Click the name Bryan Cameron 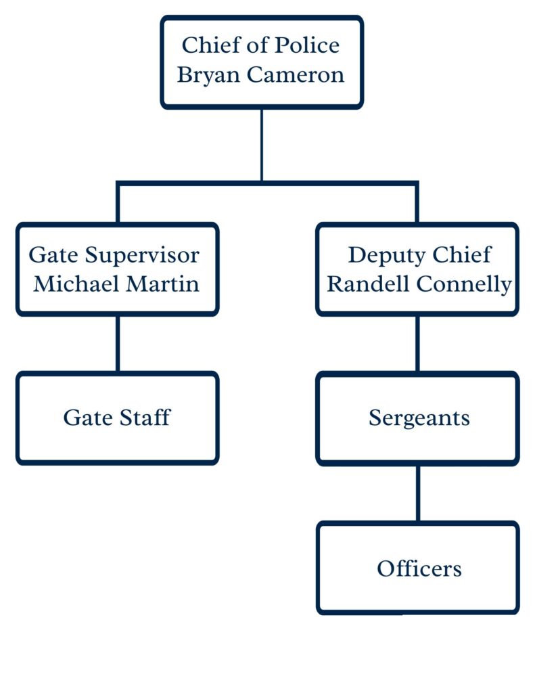[261, 74]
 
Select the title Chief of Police [261, 45]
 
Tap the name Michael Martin [117, 284]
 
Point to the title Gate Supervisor [114, 255]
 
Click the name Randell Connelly [419, 284]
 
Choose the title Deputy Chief [419, 255]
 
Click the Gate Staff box [117, 418]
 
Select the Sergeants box [418, 418]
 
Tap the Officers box [418, 568]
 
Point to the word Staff [143, 418]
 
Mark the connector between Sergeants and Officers [417, 493]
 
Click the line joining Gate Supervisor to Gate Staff [118, 343]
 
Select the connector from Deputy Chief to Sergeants [417, 344]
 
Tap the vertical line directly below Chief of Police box [262, 143]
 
